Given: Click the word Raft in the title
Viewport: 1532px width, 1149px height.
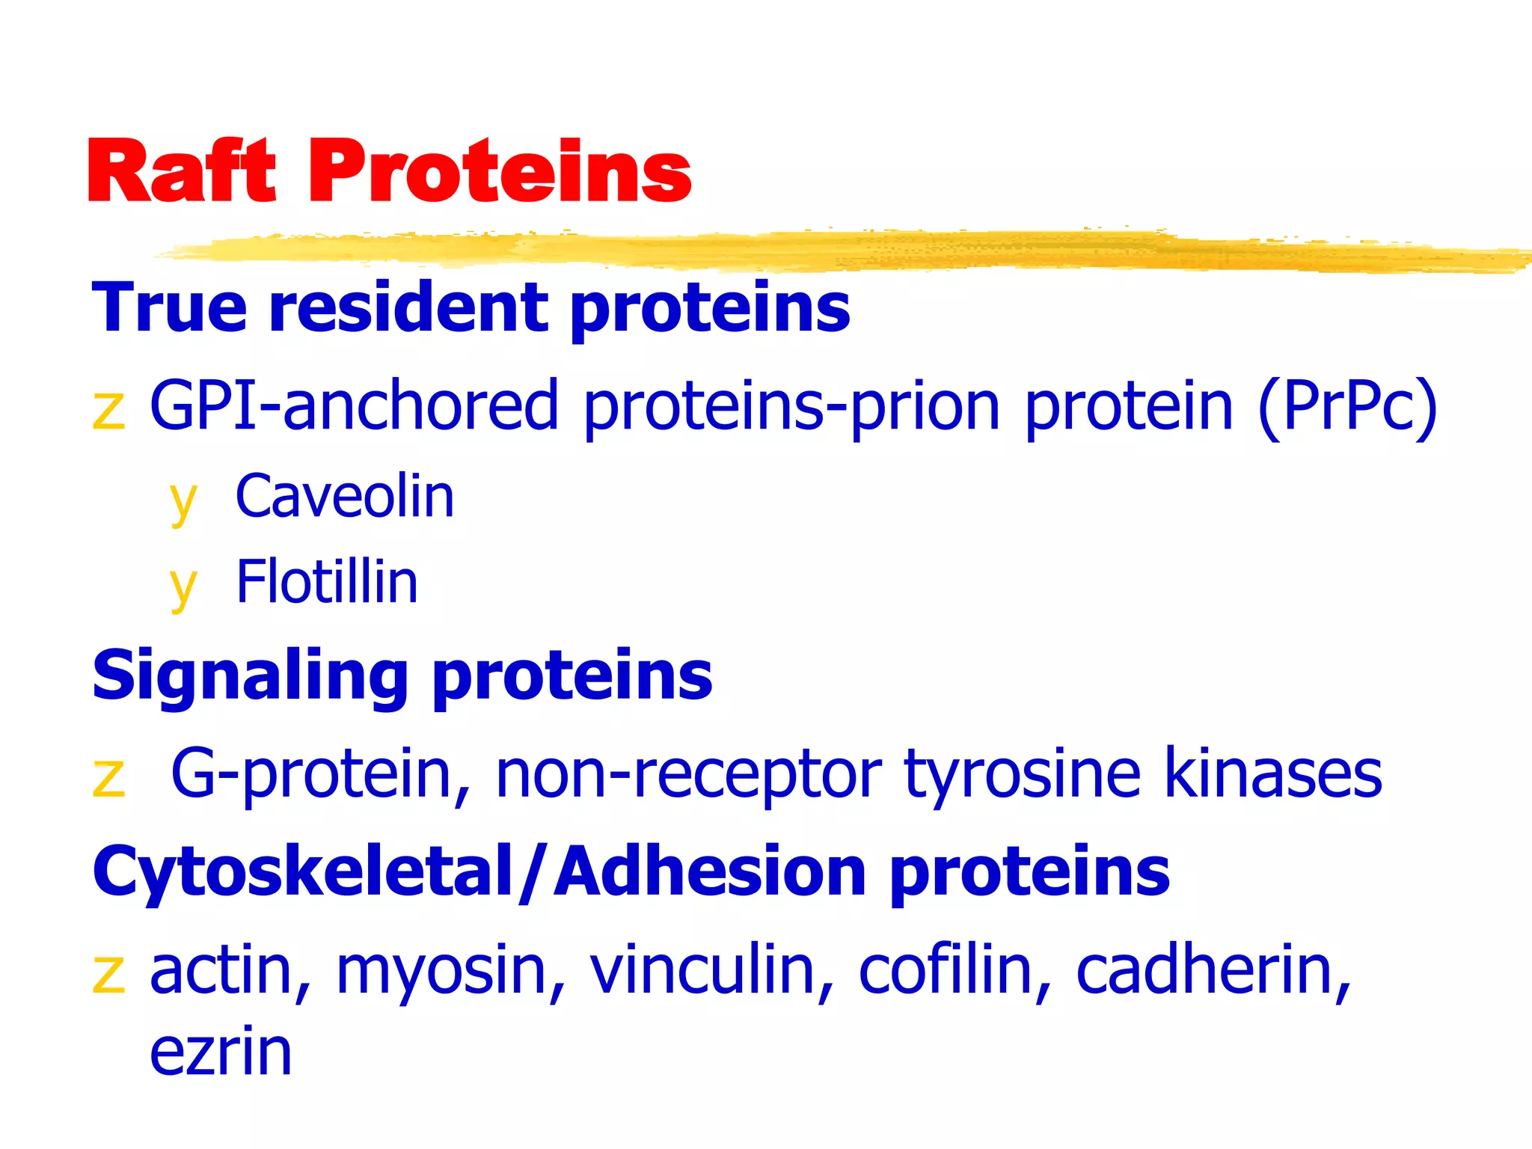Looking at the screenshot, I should pyautogui.click(x=182, y=172).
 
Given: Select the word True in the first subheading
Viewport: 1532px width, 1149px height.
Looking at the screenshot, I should pyautogui.click(x=169, y=307).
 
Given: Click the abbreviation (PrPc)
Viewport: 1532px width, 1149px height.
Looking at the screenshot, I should pyautogui.click(x=1347, y=406).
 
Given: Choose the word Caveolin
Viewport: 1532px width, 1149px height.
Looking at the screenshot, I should pyautogui.click(x=345, y=497).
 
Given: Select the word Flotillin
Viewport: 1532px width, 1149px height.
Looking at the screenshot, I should pyautogui.click(x=327, y=582).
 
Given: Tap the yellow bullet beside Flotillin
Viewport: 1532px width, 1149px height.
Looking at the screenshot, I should pyautogui.click(x=183, y=588).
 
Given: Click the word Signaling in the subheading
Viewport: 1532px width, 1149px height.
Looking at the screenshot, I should pyautogui.click(x=250, y=676).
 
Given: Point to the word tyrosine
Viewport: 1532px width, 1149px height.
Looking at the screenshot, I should pyautogui.click(x=1022, y=774).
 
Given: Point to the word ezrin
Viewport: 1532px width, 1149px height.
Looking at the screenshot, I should pyautogui.click(x=221, y=1053).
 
